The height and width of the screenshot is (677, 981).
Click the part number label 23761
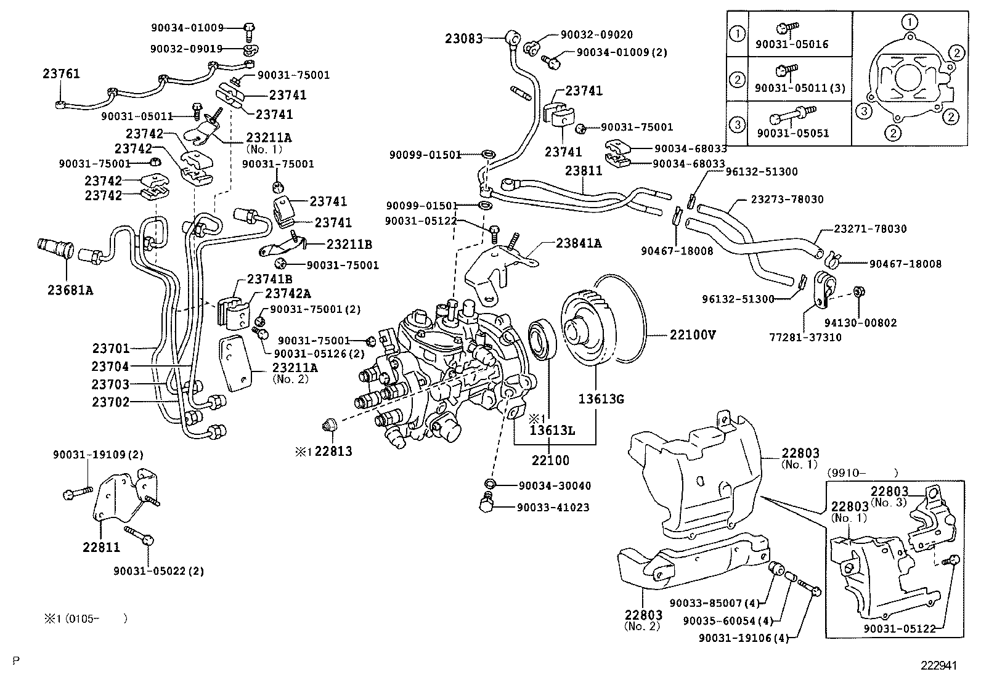[x=61, y=74]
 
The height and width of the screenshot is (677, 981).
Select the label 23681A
[x=70, y=289]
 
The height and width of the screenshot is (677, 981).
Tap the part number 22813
[x=333, y=452]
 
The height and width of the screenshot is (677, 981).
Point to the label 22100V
[x=693, y=335]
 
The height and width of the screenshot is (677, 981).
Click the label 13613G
[x=601, y=399]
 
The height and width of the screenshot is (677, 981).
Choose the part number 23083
[x=464, y=38]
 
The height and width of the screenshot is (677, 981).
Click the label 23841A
[x=579, y=243]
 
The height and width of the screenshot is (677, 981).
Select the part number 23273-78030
[x=787, y=200]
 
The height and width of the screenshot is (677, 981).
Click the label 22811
[x=102, y=546]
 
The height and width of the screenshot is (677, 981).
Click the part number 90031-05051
[x=792, y=133]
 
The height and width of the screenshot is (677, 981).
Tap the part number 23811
[x=584, y=171]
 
